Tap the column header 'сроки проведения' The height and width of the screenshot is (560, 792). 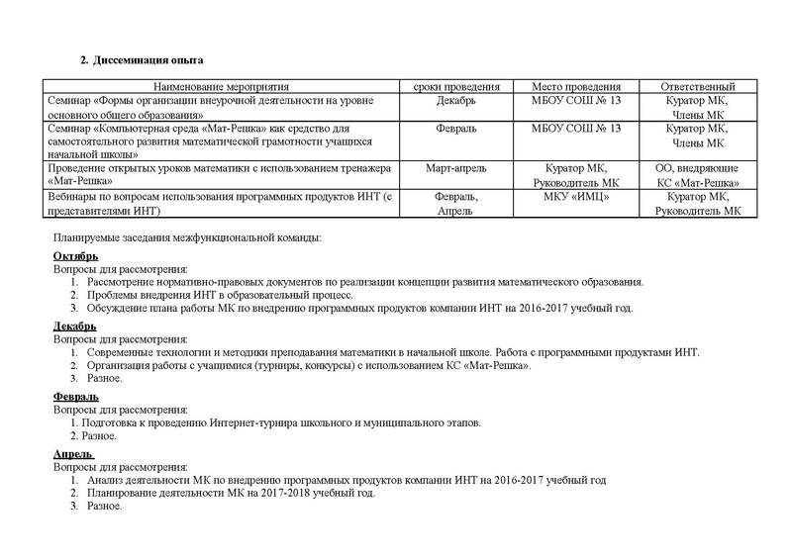click(456, 87)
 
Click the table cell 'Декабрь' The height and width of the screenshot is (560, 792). click(456, 101)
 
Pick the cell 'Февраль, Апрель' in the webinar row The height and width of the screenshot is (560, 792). click(456, 204)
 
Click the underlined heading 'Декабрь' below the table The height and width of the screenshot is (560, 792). click(74, 327)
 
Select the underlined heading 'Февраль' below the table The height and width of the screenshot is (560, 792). click(74, 397)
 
